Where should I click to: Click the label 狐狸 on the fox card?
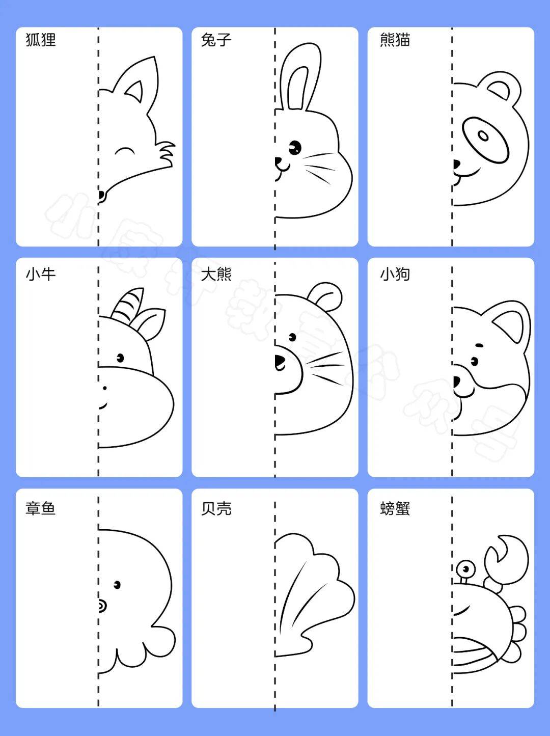click(x=41, y=40)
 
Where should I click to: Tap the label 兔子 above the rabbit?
click(x=216, y=40)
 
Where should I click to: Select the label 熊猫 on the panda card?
click(x=395, y=40)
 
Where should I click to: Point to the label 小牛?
click(x=41, y=274)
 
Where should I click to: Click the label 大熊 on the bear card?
click(x=216, y=274)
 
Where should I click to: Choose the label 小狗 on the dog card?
click(x=395, y=274)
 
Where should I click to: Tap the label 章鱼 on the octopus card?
click(x=41, y=508)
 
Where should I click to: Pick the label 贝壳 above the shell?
click(x=216, y=508)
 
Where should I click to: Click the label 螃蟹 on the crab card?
click(x=395, y=508)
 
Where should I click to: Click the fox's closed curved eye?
click(x=125, y=151)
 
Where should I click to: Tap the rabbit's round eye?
click(x=294, y=148)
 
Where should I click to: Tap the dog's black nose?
click(x=456, y=381)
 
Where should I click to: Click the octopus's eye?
click(x=117, y=585)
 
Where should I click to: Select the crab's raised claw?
click(x=506, y=560)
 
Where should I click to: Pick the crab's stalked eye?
click(x=464, y=568)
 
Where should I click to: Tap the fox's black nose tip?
click(x=101, y=195)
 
